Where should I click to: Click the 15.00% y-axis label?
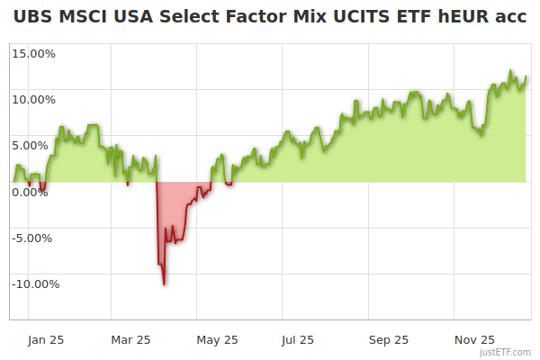(x=33, y=53)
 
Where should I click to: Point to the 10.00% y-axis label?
(x=33, y=99)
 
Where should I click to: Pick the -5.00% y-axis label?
(x=34, y=238)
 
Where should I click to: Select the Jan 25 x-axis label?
(x=44, y=339)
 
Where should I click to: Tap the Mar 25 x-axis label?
(x=130, y=339)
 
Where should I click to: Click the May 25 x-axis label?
(x=217, y=339)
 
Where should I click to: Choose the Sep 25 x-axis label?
(x=389, y=339)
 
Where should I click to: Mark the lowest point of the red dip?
(x=164, y=284)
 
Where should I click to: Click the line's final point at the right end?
(x=526, y=77)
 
